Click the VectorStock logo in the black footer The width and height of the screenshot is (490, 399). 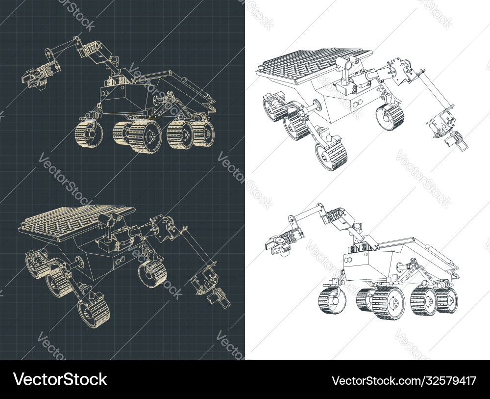[x=60, y=379]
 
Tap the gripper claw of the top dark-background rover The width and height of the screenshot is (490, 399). [x=33, y=78]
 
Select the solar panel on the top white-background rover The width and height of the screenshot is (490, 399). [x=315, y=65]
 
